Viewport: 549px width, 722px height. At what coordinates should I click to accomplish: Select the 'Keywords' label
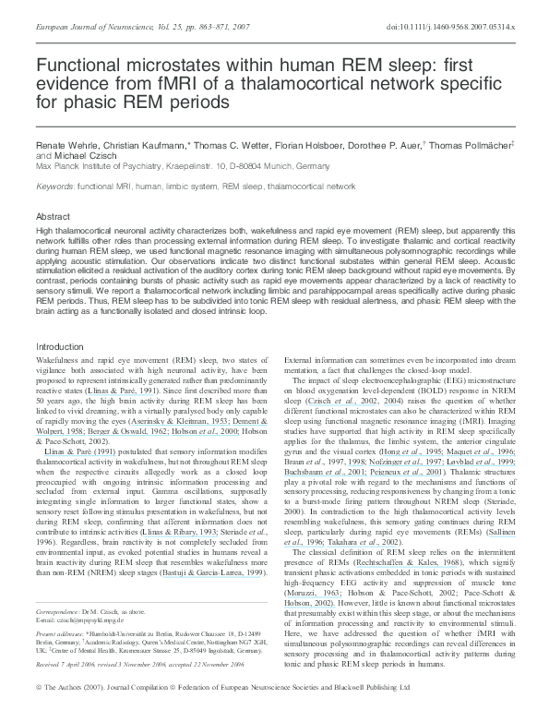pos(54,187)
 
